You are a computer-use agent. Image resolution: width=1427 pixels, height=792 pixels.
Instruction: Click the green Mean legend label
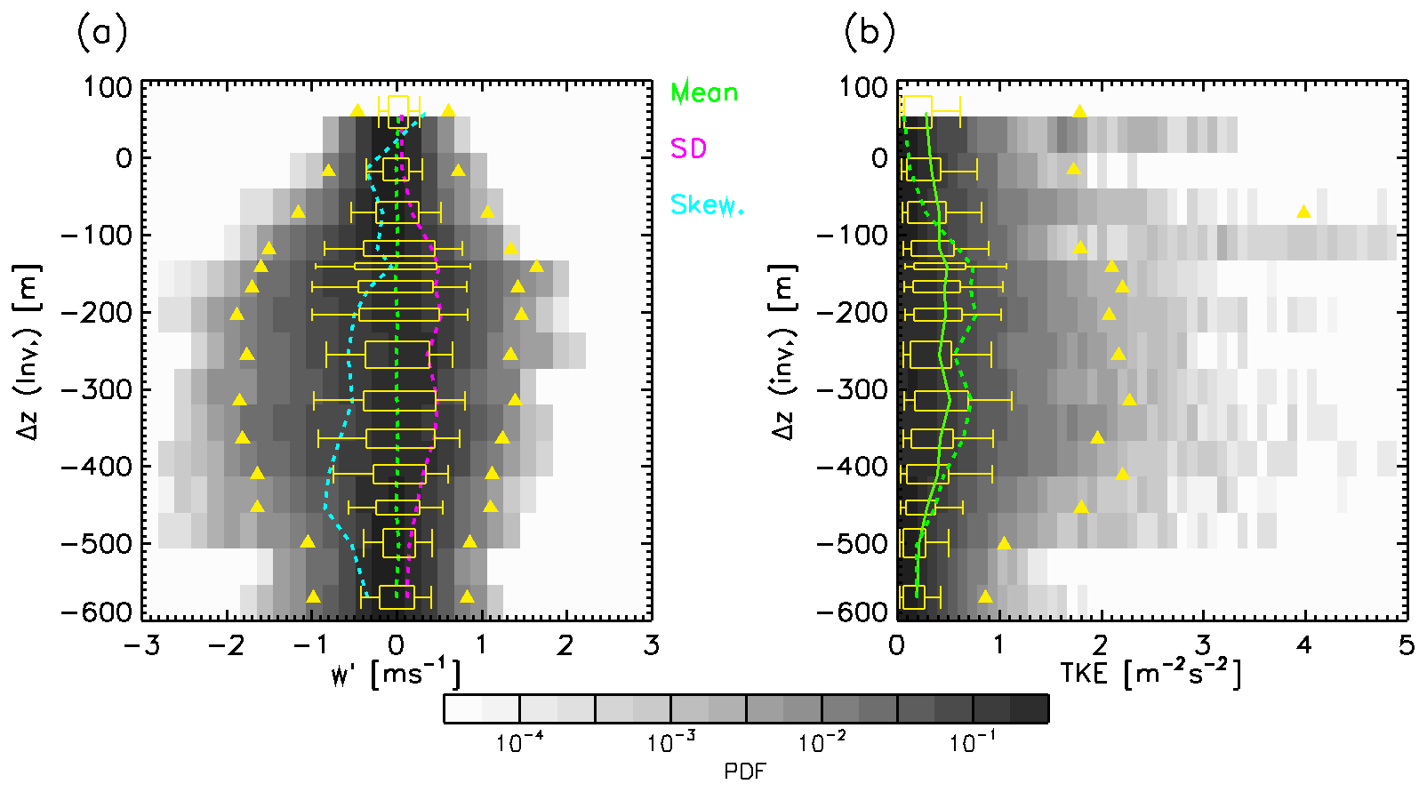[704, 92]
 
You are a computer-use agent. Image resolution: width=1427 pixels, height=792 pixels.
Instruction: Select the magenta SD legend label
[688, 148]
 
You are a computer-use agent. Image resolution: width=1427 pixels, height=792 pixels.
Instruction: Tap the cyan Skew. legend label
[707, 205]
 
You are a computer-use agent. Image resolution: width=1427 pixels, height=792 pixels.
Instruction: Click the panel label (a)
[102, 33]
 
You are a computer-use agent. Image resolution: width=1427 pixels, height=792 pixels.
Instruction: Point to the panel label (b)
[869, 33]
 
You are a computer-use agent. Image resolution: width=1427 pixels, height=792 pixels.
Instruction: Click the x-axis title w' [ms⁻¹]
[396, 674]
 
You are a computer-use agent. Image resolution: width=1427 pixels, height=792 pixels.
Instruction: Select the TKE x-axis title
[1150, 674]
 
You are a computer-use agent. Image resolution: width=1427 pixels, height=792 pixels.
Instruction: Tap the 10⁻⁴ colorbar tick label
[520, 742]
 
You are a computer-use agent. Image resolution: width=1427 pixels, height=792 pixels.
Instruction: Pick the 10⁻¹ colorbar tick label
[973, 742]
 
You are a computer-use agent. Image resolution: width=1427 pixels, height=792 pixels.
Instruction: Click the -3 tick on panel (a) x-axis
[142, 645]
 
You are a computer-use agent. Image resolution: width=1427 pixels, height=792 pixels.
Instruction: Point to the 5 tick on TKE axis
[1406, 645]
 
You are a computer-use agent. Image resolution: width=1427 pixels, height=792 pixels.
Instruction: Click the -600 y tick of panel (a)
[96, 612]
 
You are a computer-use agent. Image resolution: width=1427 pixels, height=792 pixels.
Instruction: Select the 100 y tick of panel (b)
[863, 87]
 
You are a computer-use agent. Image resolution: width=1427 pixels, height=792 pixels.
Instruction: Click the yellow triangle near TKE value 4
[1303, 212]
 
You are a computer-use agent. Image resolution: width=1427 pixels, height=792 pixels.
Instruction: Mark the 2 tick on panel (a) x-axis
[565, 645]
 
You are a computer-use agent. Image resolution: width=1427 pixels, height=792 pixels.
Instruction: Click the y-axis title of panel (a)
[29, 351]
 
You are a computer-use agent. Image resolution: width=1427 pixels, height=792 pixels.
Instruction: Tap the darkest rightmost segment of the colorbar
[1030, 708]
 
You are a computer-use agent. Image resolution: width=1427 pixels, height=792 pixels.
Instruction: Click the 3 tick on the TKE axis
[1202, 645]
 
